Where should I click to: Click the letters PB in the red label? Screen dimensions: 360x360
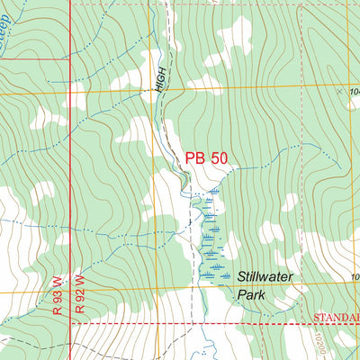tap(194, 158)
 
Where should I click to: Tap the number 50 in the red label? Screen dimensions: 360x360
tap(219, 158)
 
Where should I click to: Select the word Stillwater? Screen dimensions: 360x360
tap(267, 278)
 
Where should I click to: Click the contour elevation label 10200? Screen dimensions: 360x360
tap(320, 341)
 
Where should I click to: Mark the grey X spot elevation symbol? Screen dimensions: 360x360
tap(339, 91)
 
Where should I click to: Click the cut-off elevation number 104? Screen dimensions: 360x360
tap(353, 92)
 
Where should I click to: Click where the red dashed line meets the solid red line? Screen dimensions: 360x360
tap(70, 323)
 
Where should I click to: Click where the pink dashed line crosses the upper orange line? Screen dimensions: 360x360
tap(301, 87)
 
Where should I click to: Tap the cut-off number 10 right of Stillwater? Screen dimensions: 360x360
tap(355, 277)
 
